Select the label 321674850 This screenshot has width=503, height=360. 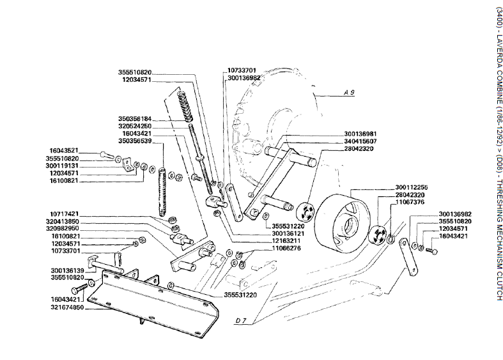pyautogui.click(x=67, y=308)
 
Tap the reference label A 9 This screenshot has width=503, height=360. pyautogui.click(x=350, y=93)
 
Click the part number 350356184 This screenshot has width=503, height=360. pyautogui.click(x=135, y=119)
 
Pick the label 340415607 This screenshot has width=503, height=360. pyautogui.click(x=360, y=141)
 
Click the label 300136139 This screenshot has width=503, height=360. pyautogui.click(x=67, y=270)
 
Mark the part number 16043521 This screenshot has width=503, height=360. pyautogui.click(x=64, y=151)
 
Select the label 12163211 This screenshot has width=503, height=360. pyautogui.click(x=286, y=240)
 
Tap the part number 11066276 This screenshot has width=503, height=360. pyautogui.click(x=286, y=248)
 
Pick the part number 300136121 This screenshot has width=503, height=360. pyautogui.click(x=288, y=233)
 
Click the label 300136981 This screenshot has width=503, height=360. pyautogui.click(x=360, y=134)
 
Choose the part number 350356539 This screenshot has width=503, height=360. pyautogui.click(x=135, y=141)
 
